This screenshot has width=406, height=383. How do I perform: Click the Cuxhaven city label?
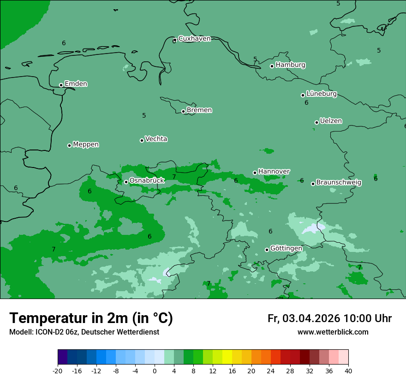[x=194, y=38]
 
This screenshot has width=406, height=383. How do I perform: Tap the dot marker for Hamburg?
[x=272, y=66]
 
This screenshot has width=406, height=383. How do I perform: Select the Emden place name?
[x=76, y=84]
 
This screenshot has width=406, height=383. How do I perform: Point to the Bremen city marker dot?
[x=183, y=111]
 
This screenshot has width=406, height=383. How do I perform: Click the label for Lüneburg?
[x=322, y=94]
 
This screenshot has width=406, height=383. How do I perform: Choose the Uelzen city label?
[x=331, y=121]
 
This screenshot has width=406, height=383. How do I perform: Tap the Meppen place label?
[x=86, y=144]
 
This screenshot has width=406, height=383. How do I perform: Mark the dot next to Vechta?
[x=142, y=140]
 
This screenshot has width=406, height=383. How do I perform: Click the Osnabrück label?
[x=147, y=180]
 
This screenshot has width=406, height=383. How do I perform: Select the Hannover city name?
[x=274, y=171]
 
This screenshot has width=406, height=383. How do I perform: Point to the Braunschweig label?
[x=339, y=182]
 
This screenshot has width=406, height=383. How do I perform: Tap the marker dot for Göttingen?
[x=267, y=250]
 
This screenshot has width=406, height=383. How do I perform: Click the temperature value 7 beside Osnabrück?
[x=174, y=177]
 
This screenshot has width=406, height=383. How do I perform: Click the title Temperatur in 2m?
[x=91, y=318]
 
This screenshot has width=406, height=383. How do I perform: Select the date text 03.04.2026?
[x=311, y=318]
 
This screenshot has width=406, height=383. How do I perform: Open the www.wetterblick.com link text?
[x=333, y=332]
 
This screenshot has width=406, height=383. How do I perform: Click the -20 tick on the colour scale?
[x=58, y=371]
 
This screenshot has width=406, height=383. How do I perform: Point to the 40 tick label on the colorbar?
[x=348, y=371]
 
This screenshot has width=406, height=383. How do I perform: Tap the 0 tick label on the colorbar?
[x=155, y=371]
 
